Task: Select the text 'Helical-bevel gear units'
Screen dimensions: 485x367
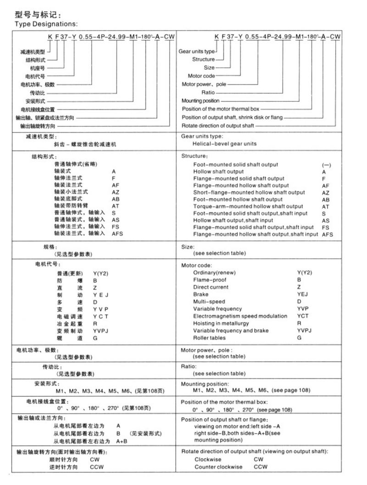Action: click(x=224, y=144)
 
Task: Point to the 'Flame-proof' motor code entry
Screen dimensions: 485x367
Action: click(x=210, y=279)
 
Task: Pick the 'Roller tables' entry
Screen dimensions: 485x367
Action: click(x=210, y=338)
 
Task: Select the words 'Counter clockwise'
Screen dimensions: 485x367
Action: click(x=218, y=467)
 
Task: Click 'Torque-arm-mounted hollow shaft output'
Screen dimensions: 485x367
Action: click(x=248, y=206)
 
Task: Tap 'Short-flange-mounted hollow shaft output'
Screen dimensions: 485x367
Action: click(x=249, y=192)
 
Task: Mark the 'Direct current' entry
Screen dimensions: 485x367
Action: click(x=211, y=287)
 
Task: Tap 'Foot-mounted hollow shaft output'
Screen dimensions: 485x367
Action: click(x=238, y=199)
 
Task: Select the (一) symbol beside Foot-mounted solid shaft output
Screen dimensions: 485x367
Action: click(x=326, y=165)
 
